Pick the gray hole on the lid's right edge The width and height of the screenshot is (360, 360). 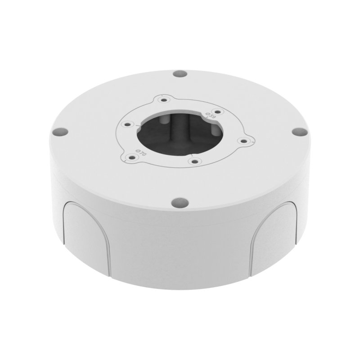[297, 131]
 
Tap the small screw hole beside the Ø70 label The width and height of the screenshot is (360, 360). [132, 157]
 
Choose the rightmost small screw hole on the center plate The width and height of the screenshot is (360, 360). [243, 141]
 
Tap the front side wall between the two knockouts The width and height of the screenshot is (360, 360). [180, 252]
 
